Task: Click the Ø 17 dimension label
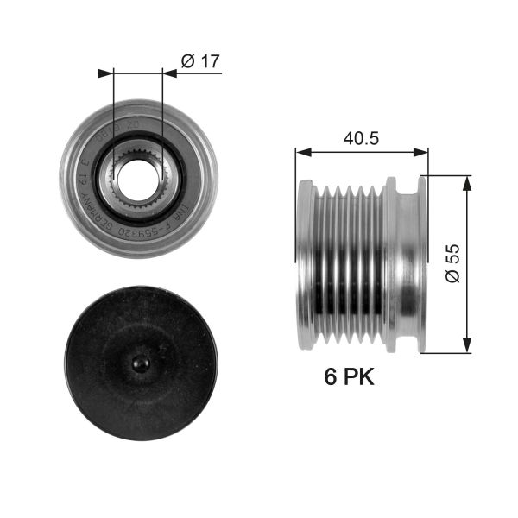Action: (201, 60)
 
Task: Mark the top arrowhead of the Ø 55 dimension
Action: (467, 180)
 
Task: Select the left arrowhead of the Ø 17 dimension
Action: (106, 73)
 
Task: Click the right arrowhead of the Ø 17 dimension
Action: (169, 73)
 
